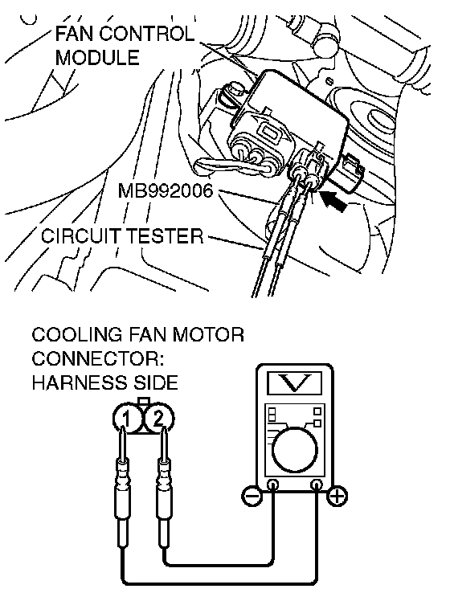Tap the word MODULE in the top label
click(x=97, y=58)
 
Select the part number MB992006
click(x=166, y=190)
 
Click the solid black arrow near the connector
click(x=333, y=201)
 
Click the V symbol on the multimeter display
click(x=294, y=382)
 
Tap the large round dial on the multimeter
click(x=294, y=450)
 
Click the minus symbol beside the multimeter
click(x=252, y=497)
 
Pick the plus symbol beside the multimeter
click(x=337, y=497)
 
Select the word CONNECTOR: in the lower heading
click(x=98, y=359)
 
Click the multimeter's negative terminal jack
click(x=273, y=485)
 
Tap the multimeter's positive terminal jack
click(x=317, y=485)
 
